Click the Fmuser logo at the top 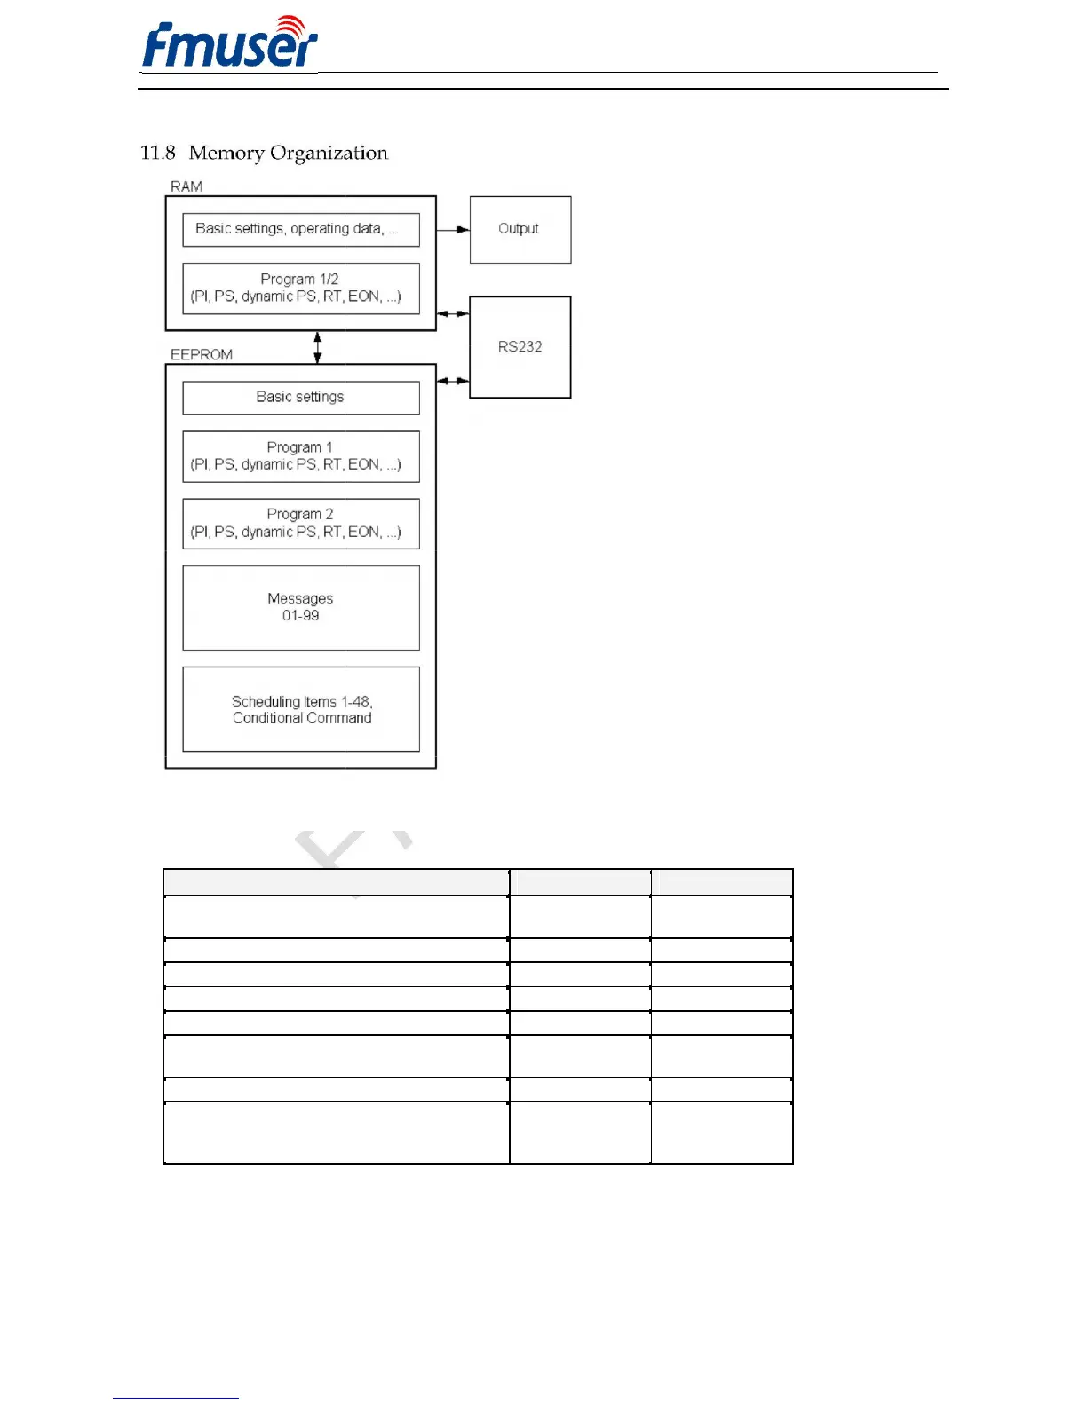[229, 43]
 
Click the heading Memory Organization [288, 154]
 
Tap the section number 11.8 [157, 154]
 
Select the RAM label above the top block [186, 186]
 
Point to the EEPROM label [202, 354]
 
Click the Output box [520, 229]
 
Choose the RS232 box [520, 347]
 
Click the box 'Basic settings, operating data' [300, 229]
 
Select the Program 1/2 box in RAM [300, 288]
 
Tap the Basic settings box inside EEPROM [300, 397]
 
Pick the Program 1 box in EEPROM [300, 456]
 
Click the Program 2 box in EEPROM [300, 523]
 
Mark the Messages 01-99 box [300, 607]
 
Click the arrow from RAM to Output [453, 229]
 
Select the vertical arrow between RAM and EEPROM [318, 347]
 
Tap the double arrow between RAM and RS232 [453, 313]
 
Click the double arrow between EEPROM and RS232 [453, 381]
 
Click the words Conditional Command [302, 718]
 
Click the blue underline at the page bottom [175, 1398]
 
